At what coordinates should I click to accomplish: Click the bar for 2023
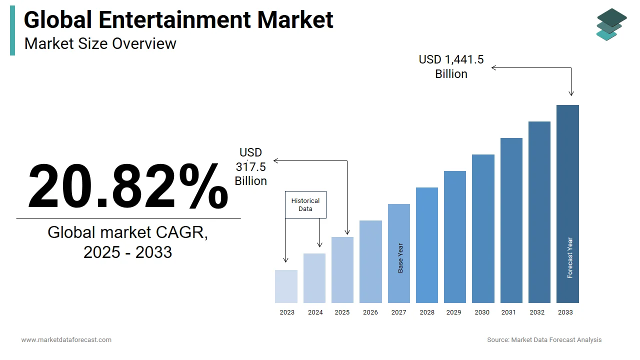286,286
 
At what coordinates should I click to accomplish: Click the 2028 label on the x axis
427,312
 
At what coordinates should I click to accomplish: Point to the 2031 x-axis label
508,312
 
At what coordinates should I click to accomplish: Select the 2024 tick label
315,312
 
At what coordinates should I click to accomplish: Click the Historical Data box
305,204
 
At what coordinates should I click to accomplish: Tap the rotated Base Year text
400,258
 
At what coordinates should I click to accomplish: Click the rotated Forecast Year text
570,257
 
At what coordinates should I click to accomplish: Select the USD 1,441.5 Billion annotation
451,66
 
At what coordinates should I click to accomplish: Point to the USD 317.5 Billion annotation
251,166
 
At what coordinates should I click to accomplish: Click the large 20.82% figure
128,186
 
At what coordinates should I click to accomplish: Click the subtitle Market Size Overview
100,43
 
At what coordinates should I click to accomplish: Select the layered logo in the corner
611,24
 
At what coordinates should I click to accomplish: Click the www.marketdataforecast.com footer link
66,340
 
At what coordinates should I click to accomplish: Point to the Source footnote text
544,340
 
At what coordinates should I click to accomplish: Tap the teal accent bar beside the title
12,31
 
